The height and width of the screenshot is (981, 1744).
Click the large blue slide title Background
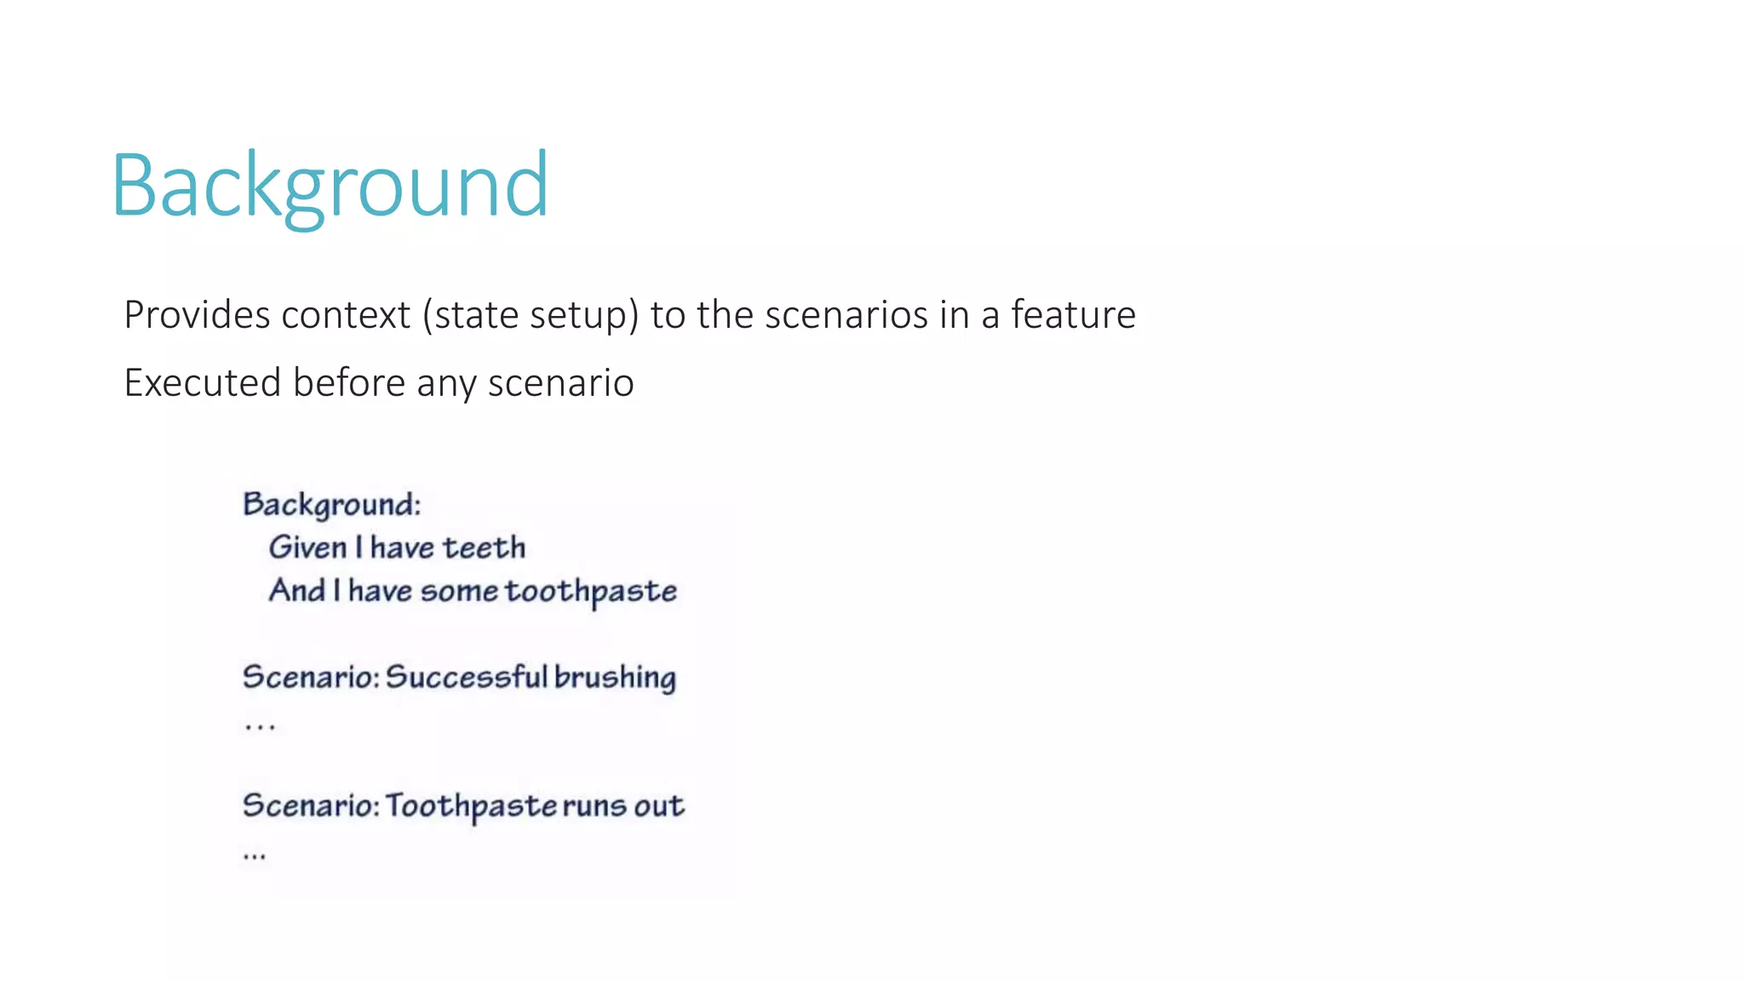[330, 186]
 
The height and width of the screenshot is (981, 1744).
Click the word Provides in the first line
[197, 315]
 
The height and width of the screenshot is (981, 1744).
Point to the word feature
[1073, 315]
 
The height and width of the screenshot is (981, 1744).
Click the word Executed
[202, 382]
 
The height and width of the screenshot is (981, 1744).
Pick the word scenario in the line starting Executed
[560, 382]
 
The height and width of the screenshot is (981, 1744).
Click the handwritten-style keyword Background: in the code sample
[331, 504]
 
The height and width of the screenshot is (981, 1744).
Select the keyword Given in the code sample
[307, 548]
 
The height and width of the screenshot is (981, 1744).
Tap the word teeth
[485, 548]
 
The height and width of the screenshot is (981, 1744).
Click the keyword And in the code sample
[296, 590]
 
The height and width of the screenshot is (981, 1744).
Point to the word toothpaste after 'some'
[591, 591]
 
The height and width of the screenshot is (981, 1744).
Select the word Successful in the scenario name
[466, 677]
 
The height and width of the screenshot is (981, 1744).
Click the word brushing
[615, 678]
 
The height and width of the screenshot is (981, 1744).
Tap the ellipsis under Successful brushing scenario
[259, 726]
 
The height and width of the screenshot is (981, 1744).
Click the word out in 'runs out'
[658, 806]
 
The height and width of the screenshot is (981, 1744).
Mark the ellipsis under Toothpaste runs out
[254, 855]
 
